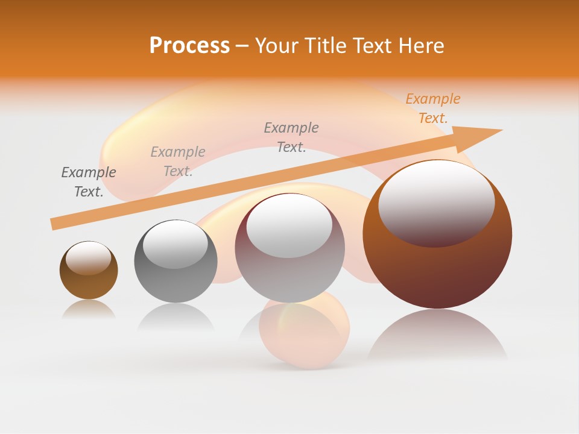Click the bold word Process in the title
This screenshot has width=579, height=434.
pos(189,46)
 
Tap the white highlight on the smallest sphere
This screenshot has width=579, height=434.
pos(88,257)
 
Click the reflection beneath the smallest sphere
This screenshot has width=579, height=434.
pos(89,310)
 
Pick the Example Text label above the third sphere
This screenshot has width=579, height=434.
pos(291,137)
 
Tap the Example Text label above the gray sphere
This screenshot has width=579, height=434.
pos(178,162)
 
